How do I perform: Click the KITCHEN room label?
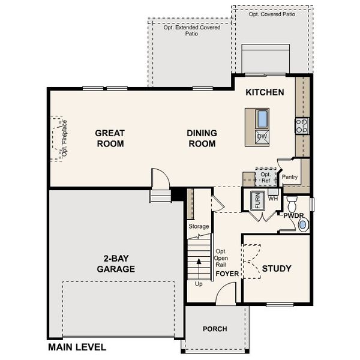265,92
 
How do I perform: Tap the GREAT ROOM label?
109,138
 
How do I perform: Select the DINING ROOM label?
202,138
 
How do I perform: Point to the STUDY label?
277,268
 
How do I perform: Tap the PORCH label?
214,329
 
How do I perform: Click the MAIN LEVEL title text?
77,347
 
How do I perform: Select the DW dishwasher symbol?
262,137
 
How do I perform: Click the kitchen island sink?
262,118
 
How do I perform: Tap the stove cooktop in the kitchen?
301,125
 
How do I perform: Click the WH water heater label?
273,198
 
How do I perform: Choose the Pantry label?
290,177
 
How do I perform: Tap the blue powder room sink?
303,225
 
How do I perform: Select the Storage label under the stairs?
199,226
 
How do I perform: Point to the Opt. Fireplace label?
64,139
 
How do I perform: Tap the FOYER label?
227,274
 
